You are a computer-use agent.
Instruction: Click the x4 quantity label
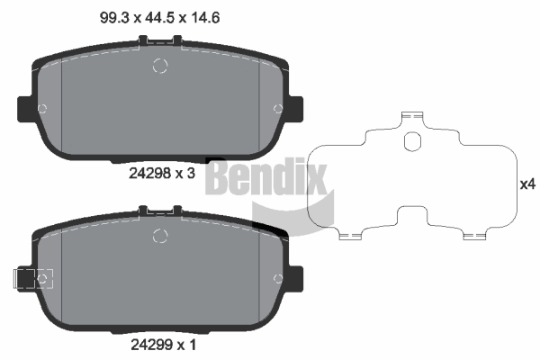527,184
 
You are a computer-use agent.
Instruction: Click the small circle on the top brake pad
161,66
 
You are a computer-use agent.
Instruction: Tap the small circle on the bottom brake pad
161,237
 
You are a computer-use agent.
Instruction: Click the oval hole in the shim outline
413,141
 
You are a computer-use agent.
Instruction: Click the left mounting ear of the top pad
25,109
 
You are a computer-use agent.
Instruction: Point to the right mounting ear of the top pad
296,109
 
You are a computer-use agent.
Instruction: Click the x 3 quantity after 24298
185,174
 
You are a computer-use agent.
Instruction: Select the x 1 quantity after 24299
184,343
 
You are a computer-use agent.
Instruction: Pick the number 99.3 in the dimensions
109,15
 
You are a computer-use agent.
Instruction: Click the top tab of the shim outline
413,116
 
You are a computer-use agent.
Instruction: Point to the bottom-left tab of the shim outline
350,236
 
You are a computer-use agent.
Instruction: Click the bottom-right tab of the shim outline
473,236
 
